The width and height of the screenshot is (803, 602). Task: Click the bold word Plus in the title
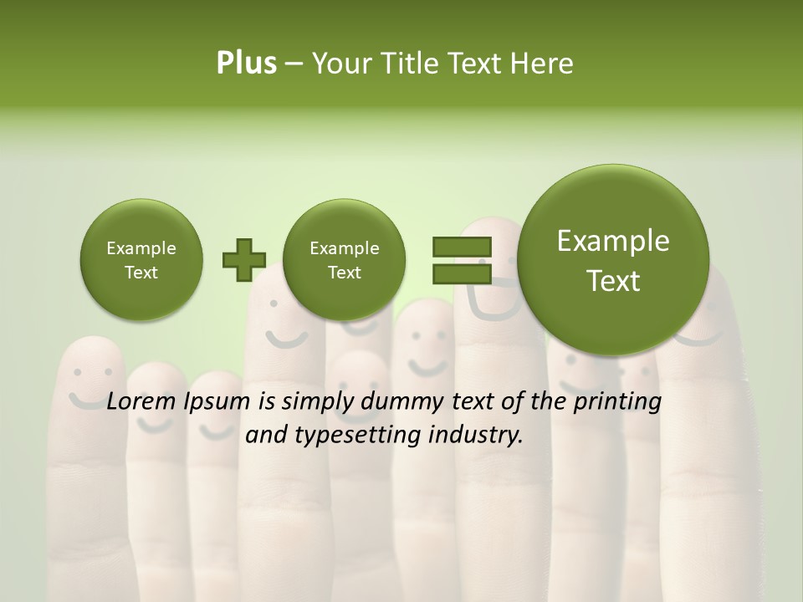coord(246,64)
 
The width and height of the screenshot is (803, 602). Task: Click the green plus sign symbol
coord(243,260)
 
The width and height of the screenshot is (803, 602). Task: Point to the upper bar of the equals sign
coord(462,247)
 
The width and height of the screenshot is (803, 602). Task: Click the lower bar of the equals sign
coord(462,274)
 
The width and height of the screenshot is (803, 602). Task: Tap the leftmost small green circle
coord(141,259)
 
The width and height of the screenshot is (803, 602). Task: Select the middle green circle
coord(344,259)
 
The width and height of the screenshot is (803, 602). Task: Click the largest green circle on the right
coord(613,259)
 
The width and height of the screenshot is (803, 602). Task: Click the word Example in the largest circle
coord(613,241)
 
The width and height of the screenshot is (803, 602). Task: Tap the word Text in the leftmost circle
coord(141,273)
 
